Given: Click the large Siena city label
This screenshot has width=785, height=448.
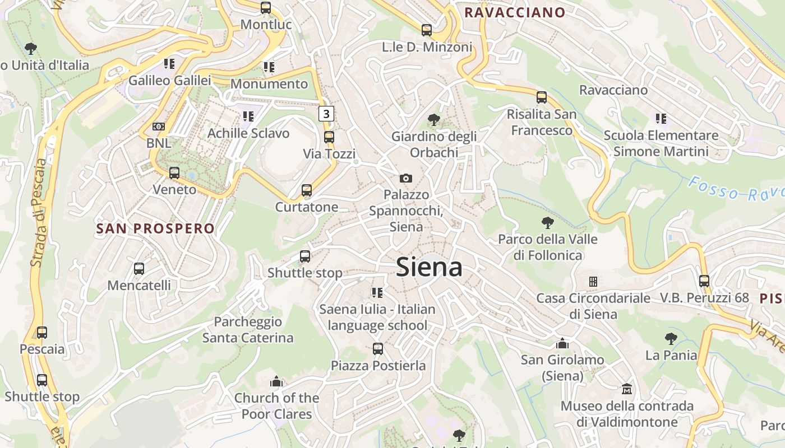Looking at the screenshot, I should (429, 267).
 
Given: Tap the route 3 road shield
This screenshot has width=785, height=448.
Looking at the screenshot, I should (326, 114).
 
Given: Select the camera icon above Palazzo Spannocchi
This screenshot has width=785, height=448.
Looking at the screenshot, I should (406, 178).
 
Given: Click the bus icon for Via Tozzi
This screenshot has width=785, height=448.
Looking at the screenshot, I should (329, 137).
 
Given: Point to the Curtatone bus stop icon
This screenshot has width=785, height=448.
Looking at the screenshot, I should (306, 190).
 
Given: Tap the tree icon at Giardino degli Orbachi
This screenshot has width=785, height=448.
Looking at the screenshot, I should (433, 119).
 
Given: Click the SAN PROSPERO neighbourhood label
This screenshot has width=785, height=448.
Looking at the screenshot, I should (155, 228).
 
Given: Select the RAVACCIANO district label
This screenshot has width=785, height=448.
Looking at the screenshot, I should (515, 12).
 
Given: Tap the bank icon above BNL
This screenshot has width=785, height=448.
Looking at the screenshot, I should (159, 127).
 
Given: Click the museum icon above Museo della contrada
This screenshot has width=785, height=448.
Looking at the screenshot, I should (627, 389).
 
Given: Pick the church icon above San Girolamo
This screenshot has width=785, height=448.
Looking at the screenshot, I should (562, 343).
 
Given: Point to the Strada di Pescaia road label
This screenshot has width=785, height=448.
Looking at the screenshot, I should (39, 213).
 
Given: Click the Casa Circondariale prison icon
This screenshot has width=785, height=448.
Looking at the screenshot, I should (593, 281).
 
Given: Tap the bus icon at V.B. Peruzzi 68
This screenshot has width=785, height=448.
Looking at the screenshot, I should (704, 281).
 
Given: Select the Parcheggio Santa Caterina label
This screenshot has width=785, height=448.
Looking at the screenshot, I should (248, 330).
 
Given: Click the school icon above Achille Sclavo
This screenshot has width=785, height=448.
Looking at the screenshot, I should (248, 116).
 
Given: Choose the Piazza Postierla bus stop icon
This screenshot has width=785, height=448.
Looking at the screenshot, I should (378, 349).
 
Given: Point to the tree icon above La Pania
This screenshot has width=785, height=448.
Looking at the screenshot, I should (671, 338).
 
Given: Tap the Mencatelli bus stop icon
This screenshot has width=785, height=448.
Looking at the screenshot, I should (139, 269).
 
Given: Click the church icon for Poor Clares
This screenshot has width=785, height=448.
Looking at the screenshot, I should (276, 381).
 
